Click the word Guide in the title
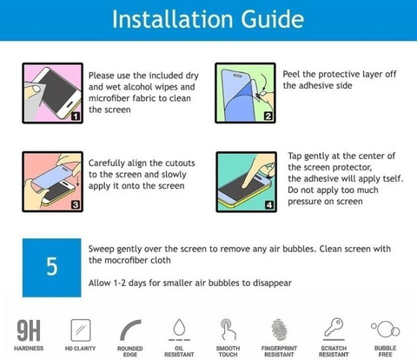272,19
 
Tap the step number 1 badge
76,117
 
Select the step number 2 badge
268,116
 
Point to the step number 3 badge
76,204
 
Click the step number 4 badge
269,205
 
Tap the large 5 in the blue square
52,266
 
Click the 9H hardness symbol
29,330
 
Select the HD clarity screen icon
81,330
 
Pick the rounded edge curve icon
130,330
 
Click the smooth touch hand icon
228,330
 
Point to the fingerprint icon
279,330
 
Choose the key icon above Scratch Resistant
334,329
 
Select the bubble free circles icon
386,329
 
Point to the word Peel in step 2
291,74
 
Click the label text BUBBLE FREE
385,351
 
